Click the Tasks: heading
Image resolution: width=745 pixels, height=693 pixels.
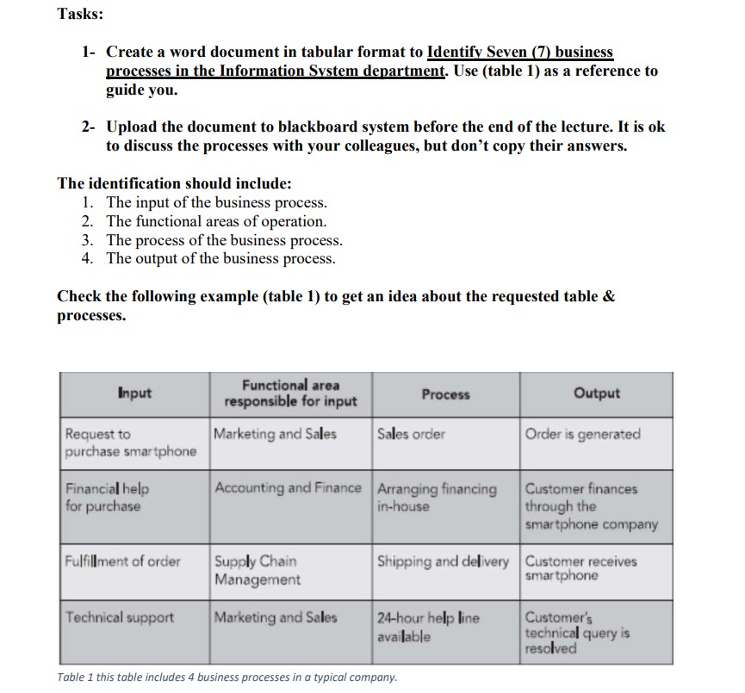(80, 15)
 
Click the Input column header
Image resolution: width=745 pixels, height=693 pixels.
(134, 393)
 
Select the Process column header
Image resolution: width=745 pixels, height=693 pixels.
(446, 394)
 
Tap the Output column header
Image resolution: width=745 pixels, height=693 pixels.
(596, 393)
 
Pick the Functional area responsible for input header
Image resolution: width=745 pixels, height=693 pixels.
(290, 393)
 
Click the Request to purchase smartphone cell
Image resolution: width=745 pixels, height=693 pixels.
(131, 442)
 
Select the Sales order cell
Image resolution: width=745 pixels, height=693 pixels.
(412, 434)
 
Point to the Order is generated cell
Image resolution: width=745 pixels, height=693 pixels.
(582, 434)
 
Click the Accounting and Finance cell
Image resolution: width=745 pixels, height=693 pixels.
(288, 489)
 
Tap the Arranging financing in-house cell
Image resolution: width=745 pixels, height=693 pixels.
(438, 498)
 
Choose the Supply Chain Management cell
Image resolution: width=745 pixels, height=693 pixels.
(258, 571)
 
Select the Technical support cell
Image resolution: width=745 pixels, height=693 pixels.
(121, 617)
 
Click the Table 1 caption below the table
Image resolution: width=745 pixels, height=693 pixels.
(227, 677)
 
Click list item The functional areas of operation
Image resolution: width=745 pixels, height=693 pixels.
(216, 222)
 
